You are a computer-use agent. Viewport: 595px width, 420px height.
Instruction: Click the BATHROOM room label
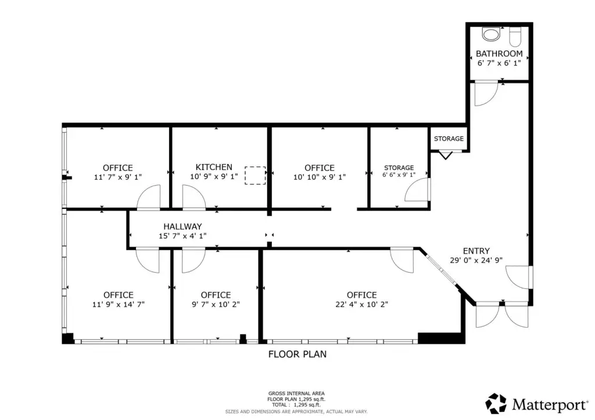pyautogui.click(x=499, y=53)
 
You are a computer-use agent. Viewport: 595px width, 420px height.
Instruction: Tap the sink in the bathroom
pyautogui.click(x=491, y=34)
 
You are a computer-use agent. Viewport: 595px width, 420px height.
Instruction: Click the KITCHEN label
pyautogui.click(x=214, y=167)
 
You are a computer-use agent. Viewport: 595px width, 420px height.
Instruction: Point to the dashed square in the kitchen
pyautogui.click(x=255, y=175)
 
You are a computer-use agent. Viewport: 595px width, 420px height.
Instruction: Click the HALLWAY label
pyautogui.click(x=182, y=226)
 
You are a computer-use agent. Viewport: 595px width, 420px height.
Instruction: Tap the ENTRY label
pyautogui.click(x=476, y=251)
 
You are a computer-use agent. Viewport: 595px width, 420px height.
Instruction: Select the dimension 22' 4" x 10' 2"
pyautogui.click(x=361, y=304)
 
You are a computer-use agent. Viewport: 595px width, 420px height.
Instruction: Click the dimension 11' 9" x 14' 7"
pyautogui.click(x=119, y=304)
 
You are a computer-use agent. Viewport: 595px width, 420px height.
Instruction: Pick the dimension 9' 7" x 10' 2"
pyautogui.click(x=216, y=304)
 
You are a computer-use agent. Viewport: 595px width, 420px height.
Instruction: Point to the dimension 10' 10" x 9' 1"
pyautogui.click(x=320, y=177)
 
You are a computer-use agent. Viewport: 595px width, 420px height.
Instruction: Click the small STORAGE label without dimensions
pyautogui.click(x=449, y=139)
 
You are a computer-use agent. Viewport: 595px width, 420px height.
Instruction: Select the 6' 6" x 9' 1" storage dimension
pyautogui.click(x=399, y=175)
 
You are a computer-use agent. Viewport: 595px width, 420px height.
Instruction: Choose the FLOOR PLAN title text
pyautogui.click(x=297, y=354)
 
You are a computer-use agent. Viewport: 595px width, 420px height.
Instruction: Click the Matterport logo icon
pyautogui.click(x=496, y=403)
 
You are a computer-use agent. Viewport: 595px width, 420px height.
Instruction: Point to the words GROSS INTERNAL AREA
pyautogui.click(x=296, y=393)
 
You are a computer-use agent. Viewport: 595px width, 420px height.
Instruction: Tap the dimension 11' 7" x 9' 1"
pyautogui.click(x=117, y=177)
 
